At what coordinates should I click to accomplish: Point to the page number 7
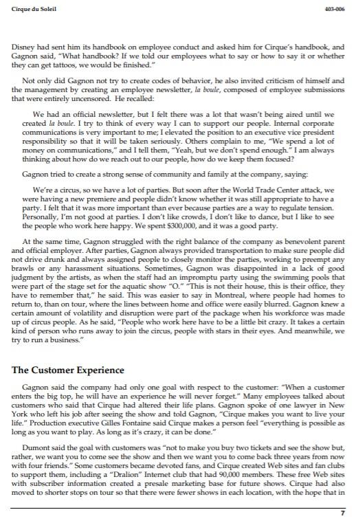tap(343, 513)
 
